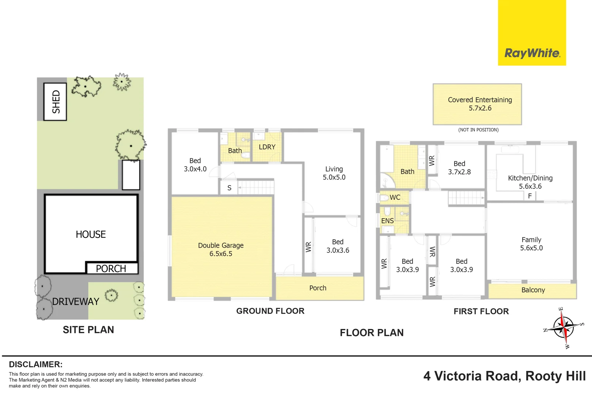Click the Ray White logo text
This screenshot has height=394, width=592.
click(x=532, y=53)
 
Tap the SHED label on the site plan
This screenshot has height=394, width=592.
click(x=56, y=101)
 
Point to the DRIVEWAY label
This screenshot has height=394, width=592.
click(x=76, y=301)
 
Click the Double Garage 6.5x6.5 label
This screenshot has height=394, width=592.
click(x=221, y=250)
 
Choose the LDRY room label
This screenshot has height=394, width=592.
click(x=267, y=147)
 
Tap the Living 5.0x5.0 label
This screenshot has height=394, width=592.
click(x=334, y=173)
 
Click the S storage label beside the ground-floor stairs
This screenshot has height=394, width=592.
click(x=229, y=188)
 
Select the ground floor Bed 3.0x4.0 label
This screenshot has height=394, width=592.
click(x=195, y=165)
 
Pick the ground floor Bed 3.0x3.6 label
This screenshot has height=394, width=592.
click(x=338, y=246)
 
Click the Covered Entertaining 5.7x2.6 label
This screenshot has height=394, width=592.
click(x=480, y=104)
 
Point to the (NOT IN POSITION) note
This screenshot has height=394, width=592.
click(x=478, y=130)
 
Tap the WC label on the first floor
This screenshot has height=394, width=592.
click(x=395, y=197)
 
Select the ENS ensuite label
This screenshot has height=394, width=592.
click(x=387, y=221)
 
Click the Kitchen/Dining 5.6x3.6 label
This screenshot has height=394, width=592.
click(x=530, y=182)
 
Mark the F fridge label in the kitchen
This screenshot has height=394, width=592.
click(x=530, y=196)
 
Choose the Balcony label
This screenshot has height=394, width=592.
click(x=533, y=290)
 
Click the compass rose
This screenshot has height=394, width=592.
click(x=564, y=328)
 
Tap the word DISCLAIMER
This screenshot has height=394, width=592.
click(x=36, y=364)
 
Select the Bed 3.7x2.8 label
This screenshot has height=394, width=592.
click(x=459, y=168)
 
